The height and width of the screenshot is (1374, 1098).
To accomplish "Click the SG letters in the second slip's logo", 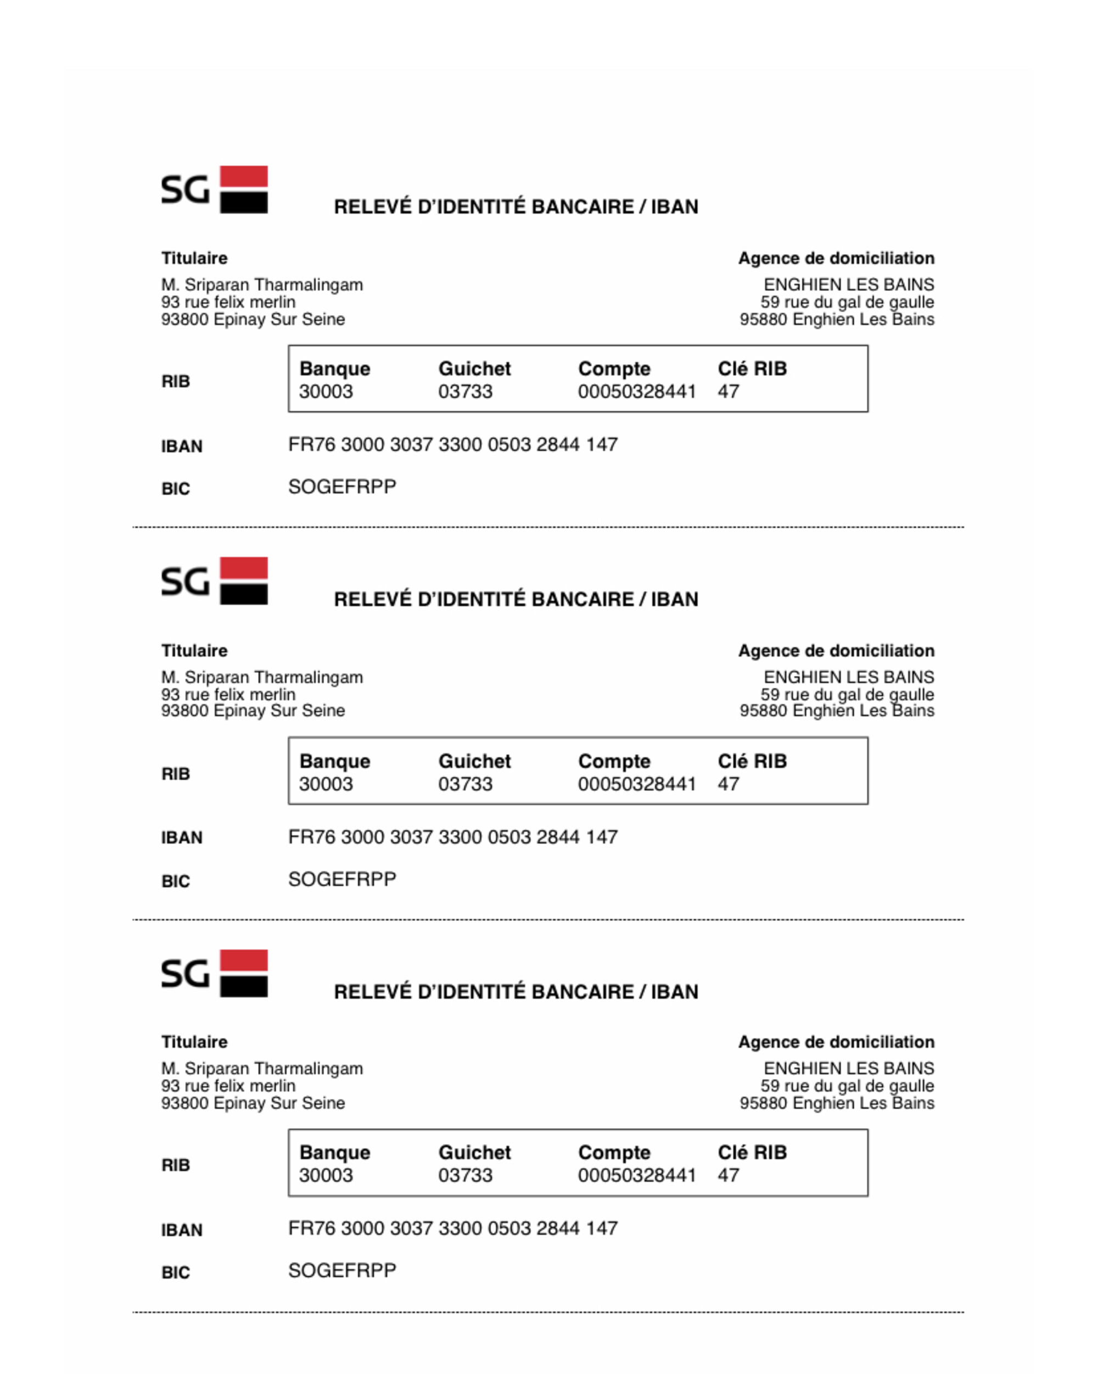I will click(x=185, y=582).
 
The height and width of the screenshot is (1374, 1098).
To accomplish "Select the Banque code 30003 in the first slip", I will click(x=326, y=392).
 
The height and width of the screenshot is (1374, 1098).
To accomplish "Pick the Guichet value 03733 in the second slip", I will click(x=465, y=784).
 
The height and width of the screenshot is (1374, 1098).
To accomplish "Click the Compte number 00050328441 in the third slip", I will click(x=637, y=1175).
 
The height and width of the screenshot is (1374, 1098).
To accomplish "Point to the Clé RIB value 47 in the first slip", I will click(x=729, y=392).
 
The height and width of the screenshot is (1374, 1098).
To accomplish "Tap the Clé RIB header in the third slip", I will click(x=752, y=1152).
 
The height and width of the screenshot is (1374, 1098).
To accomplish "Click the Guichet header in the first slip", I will click(x=475, y=368).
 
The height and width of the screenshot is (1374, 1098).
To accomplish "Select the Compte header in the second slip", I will click(x=614, y=761).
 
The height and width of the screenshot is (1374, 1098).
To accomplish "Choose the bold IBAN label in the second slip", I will click(x=182, y=838).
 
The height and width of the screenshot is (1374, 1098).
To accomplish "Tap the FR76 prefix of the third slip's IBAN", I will click(x=312, y=1228).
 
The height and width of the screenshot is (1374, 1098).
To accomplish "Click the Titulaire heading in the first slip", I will click(x=194, y=258).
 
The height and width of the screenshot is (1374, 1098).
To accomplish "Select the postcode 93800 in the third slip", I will click(x=185, y=1103).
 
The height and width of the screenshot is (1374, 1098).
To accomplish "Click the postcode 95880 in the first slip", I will click(x=764, y=319).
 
